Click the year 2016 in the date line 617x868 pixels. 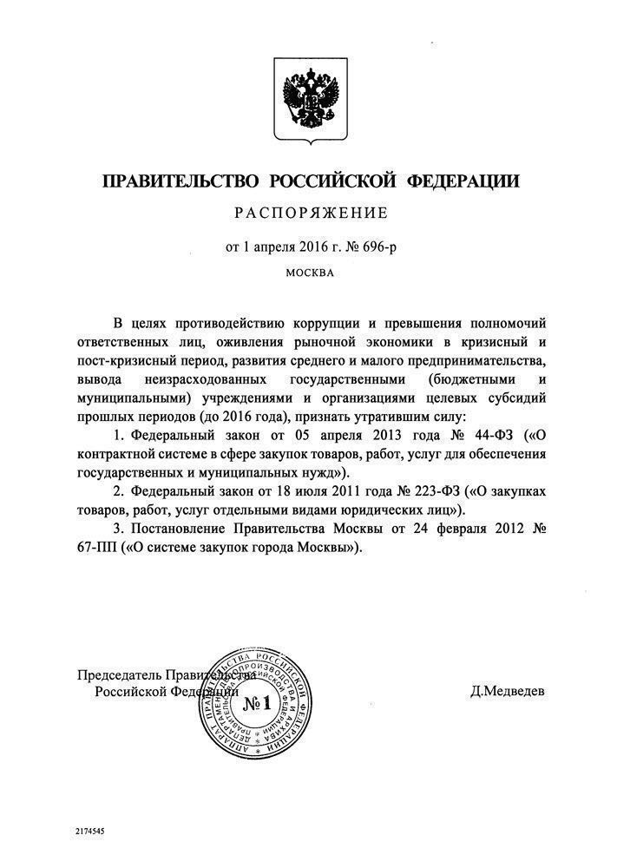point(310,247)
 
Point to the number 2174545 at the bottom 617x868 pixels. point(91,831)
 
